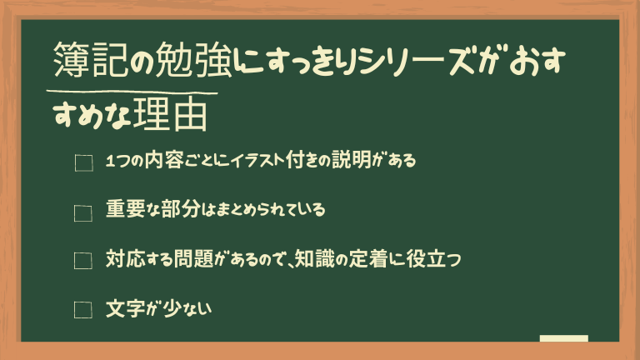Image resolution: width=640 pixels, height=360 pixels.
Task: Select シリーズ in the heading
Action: click(420, 60)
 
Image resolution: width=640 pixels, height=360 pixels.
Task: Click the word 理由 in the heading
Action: click(170, 115)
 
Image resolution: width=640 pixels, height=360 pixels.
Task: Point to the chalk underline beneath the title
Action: click(132, 92)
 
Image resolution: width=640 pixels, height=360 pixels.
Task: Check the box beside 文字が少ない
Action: click(82, 310)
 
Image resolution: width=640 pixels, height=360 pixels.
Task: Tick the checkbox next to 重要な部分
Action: click(82, 213)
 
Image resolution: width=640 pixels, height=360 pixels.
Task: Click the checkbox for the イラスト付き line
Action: click(83, 162)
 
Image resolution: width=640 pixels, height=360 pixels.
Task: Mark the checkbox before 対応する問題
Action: click(82, 261)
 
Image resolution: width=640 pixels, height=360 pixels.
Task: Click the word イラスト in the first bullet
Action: click(257, 160)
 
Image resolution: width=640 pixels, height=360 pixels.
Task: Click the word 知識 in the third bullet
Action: click(314, 258)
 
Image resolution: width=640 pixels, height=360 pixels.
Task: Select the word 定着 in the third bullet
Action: click(367, 258)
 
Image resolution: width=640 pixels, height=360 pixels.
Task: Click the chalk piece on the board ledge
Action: click(563, 338)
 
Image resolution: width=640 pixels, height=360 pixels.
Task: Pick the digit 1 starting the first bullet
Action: click(110, 162)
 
